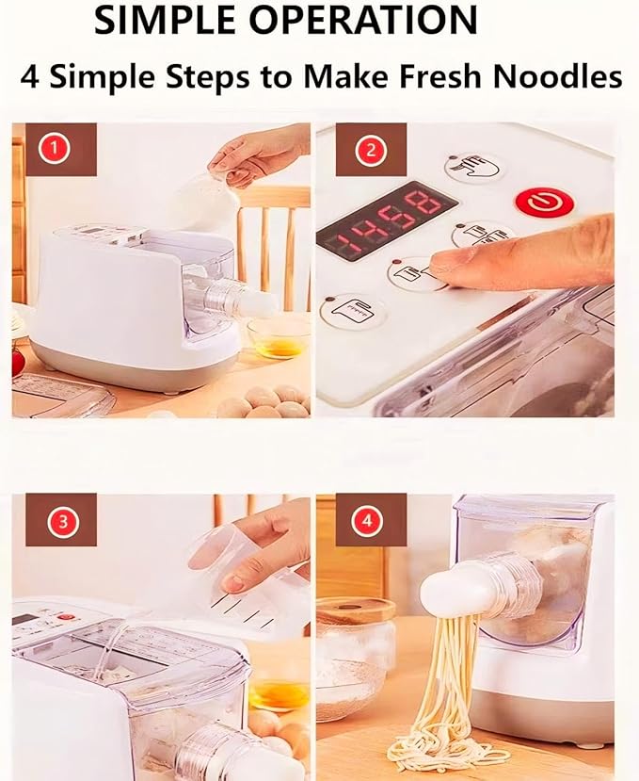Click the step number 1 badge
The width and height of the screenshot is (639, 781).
(55, 149)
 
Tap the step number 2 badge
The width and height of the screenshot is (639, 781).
(370, 149)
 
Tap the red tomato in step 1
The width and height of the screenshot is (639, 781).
(17, 362)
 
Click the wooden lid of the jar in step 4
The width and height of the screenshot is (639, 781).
(356, 610)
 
